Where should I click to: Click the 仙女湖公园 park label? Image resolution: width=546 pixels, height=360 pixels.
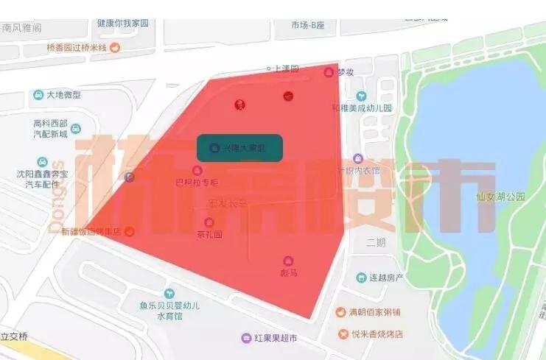click(500, 197)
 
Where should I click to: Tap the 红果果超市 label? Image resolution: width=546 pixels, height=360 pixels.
click(276, 338)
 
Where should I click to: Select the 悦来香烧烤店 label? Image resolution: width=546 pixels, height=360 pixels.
click(377, 333)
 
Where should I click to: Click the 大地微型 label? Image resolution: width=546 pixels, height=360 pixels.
click(63, 95)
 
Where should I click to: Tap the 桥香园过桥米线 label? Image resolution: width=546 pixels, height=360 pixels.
click(77, 48)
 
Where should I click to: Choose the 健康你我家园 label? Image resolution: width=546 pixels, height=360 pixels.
click(122, 24)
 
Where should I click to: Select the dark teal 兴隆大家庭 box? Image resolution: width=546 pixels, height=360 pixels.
click(240, 148)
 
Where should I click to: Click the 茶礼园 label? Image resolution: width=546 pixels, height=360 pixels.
click(209, 234)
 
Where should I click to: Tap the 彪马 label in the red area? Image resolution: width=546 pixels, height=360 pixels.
click(287, 272)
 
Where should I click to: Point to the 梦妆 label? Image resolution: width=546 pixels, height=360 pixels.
click(346, 72)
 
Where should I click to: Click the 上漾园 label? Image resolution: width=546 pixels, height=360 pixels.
click(285, 68)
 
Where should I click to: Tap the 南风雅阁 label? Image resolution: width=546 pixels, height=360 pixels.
click(21, 27)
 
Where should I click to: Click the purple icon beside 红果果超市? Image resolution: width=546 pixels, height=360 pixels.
click(246, 338)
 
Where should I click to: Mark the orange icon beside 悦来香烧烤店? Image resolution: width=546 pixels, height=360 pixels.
click(343, 333)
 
